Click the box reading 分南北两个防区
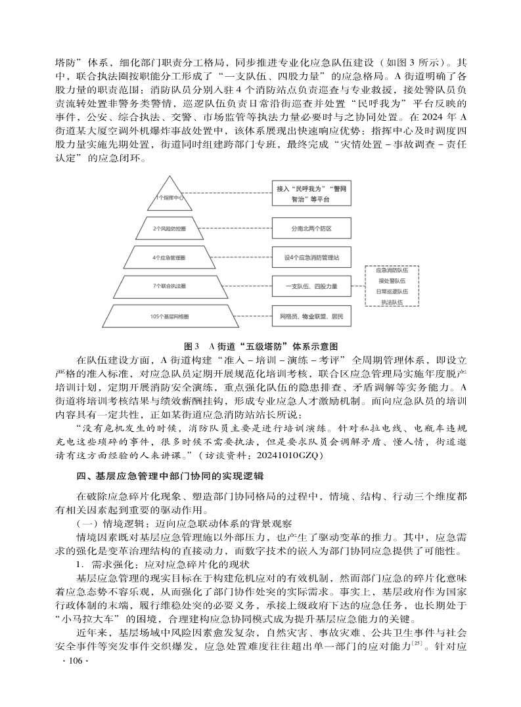(x=311, y=228)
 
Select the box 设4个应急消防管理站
(x=311, y=257)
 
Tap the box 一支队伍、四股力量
(x=311, y=286)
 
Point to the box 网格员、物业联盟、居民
(x=311, y=317)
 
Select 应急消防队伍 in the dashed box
(x=392, y=270)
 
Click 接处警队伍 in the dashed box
(x=392, y=280)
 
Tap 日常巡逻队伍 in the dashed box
(x=392, y=291)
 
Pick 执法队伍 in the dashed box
(x=392, y=301)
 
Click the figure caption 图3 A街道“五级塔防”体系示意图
(x=261, y=345)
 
